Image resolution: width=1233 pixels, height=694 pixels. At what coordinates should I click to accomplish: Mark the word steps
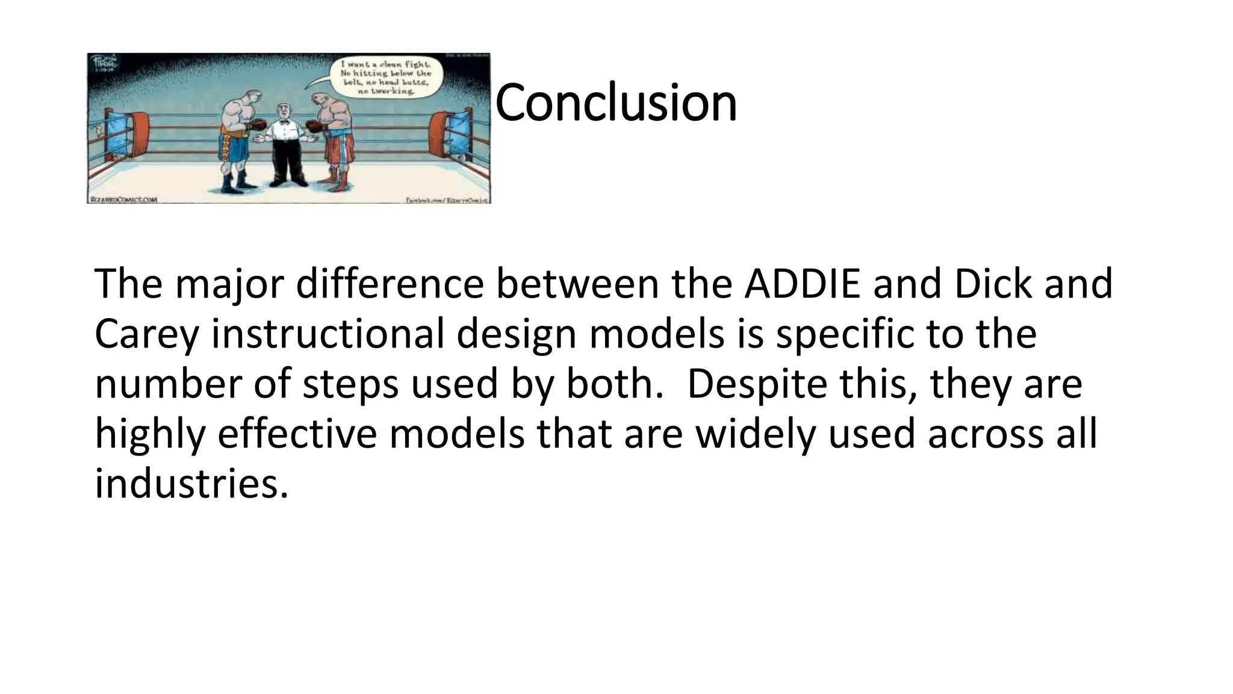[x=350, y=384]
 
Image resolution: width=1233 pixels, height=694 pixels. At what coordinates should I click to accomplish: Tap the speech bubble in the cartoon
[x=386, y=77]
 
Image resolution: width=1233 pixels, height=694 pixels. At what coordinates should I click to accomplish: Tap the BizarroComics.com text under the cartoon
[x=124, y=199]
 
